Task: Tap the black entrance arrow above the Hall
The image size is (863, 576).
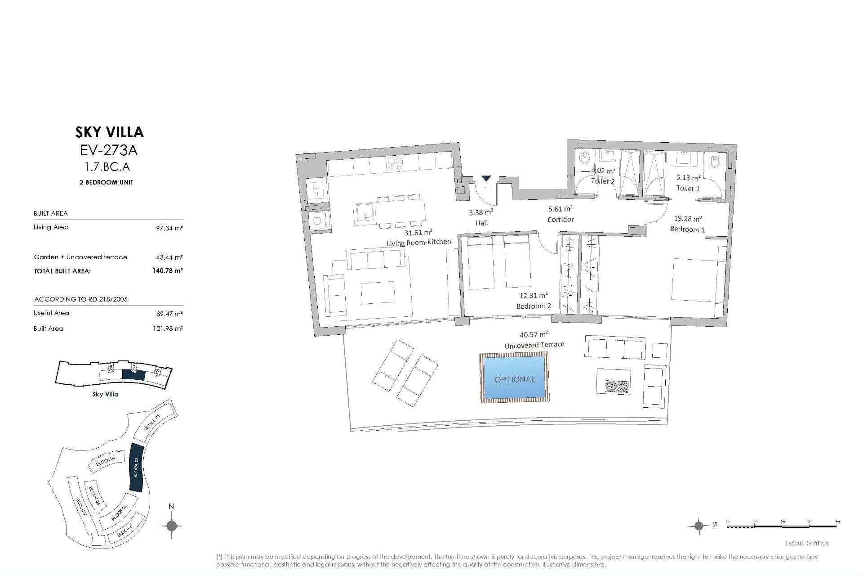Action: click(x=486, y=179)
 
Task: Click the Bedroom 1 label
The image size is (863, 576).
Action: click(x=687, y=229)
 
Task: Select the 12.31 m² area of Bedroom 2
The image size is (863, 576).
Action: click(x=534, y=296)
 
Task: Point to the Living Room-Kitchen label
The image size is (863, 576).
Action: click(x=418, y=243)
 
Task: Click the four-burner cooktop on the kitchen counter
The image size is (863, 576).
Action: click(x=395, y=164)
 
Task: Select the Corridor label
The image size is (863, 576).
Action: click(x=561, y=220)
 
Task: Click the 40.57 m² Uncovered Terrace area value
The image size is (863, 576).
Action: click(x=534, y=335)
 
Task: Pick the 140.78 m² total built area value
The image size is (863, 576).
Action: click(x=167, y=270)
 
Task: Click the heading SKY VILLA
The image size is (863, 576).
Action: click(x=109, y=132)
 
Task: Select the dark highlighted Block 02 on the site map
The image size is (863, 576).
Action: click(x=136, y=468)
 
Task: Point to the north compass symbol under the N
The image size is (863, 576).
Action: click(x=171, y=525)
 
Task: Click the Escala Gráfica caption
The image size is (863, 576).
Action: click(x=807, y=543)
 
